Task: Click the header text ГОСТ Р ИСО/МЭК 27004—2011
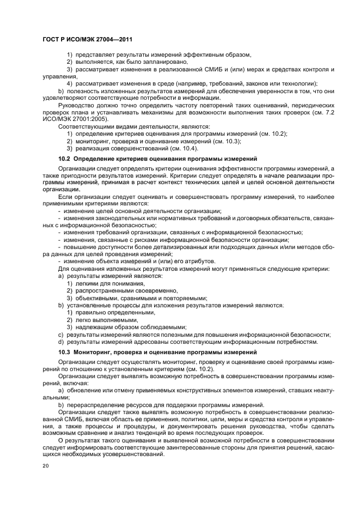click(87, 39)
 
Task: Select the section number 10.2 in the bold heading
click(65, 159)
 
